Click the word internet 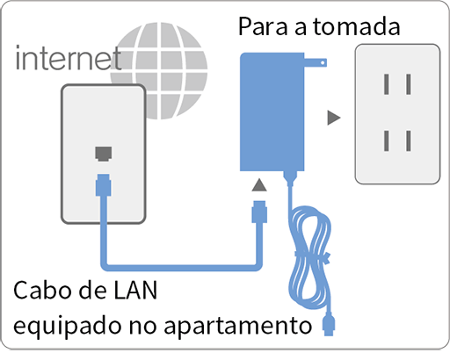click(x=69, y=58)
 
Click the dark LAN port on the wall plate click(x=104, y=154)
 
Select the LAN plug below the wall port click(x=103, y=185)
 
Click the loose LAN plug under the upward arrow click(x=259, y=212)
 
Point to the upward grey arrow click(x=259, y=185)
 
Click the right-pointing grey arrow click(x=334, y=118)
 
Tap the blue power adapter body click(x=272, y=112)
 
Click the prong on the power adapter click(x=316, y=62)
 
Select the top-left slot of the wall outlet click(x=387, y=84)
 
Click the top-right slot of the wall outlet click(x=408, y=84)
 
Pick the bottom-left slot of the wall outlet click(x=387, y=140)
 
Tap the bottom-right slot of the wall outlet click(x=408, y=140)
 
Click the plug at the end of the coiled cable click(x=329, y=324)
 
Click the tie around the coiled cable click(x=312, y=256)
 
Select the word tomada click(x=357, y=26)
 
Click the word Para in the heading click(x=263, y=26)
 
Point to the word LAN click(x=135, y=291)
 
